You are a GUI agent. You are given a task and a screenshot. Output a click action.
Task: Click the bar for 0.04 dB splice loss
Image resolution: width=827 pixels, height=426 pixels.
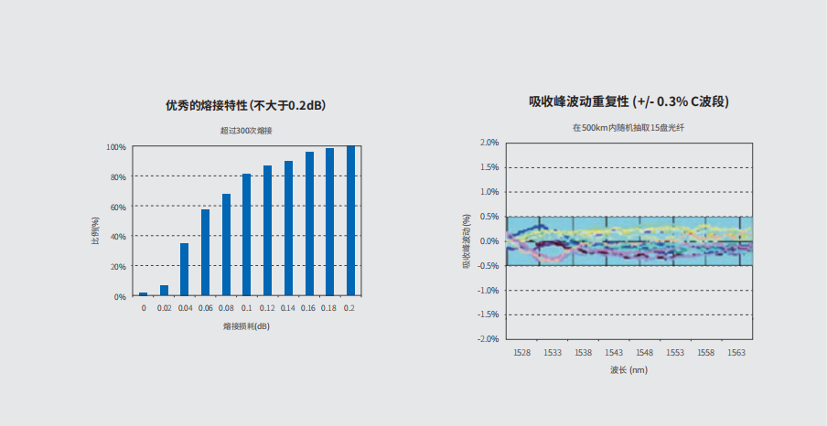pos(184,270)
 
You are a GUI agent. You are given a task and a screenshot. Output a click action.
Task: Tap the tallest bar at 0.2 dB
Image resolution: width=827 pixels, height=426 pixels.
pos(350,221)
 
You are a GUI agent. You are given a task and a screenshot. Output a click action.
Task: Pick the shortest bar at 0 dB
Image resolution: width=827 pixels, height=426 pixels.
pos(143,294)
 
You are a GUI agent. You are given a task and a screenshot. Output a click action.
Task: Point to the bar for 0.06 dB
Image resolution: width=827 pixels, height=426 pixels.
pos(205,253)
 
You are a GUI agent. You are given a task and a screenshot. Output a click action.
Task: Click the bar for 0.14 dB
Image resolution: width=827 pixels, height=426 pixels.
pos(288,229)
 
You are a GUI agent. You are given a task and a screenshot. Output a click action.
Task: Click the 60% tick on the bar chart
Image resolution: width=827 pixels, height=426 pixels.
pos(118,207)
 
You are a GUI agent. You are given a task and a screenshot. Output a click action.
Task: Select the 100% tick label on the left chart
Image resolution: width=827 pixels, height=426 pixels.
pos(116,147)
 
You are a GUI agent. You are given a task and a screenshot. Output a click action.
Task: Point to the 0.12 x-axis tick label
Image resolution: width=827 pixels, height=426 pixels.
pos(267,308)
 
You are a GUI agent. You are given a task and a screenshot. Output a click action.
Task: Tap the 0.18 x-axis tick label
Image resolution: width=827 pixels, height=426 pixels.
pos(329,308)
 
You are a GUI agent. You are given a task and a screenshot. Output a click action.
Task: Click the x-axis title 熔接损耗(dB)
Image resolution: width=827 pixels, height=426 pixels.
pos(245,326)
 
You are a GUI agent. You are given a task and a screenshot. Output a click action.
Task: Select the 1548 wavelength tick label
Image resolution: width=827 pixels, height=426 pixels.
pos(644,353)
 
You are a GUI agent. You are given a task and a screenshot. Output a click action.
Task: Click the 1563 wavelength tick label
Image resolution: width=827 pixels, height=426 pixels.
pos(736,353)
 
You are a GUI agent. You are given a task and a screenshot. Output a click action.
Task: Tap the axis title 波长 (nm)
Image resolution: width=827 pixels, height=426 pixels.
pos(628,370)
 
